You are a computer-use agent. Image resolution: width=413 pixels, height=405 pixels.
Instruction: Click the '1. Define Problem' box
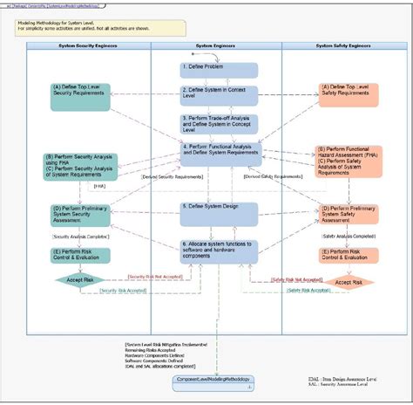pyautogui.click(x=206, y=69)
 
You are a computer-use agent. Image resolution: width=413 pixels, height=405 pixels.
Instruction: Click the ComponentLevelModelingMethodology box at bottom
pyautogui.click(x=213, y=379)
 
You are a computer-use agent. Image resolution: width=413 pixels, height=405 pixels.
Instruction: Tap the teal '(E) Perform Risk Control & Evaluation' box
pyautogui.click(x=79, y=255)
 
